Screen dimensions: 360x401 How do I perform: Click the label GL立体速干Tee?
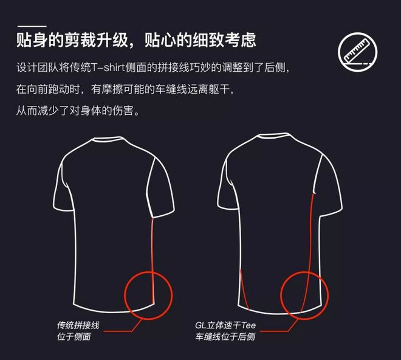(225, 325)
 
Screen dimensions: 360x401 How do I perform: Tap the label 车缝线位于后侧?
(225, 336)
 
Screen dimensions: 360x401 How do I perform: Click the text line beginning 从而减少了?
(80, 112)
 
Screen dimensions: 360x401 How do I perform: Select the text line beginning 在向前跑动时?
(125, 89)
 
